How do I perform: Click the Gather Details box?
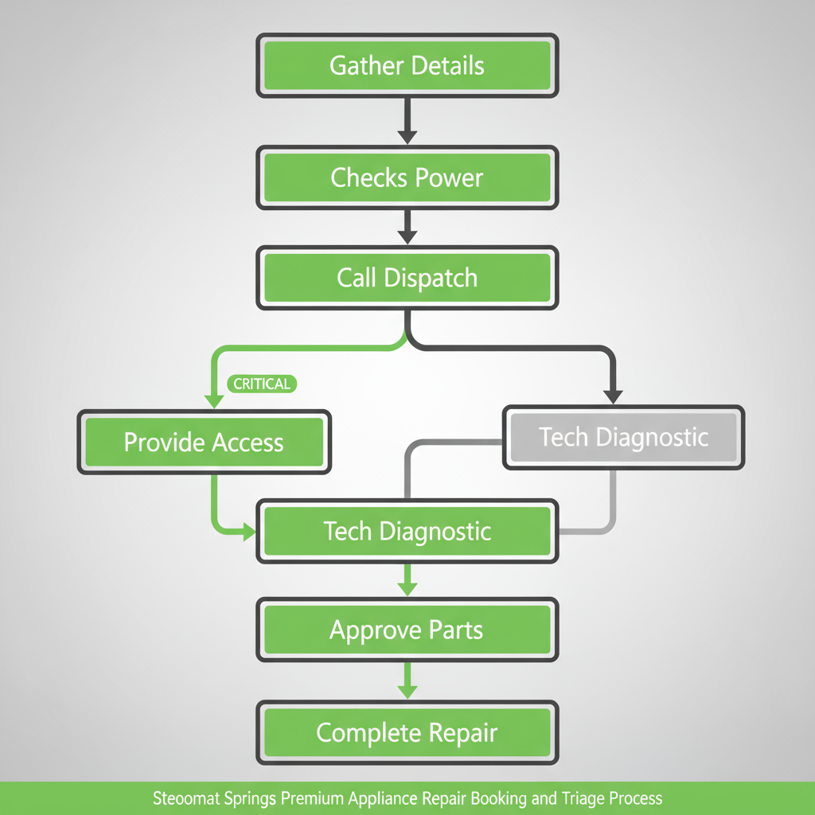[x=407, y=65]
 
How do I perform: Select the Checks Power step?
[x=407, y=177]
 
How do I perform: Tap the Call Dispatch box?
[x=407, y=278]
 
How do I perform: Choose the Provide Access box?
[x=204, y=442]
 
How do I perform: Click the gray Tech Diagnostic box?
[x=623, y=437]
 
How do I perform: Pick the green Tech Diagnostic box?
[x=407, y=531]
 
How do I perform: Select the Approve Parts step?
[x=407, y=630]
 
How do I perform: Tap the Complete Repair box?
[x=407, y=731]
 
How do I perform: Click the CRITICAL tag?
[x=262, y=384]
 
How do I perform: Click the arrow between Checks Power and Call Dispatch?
[x=407, y=226]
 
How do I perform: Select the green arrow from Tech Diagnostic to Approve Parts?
[x=407, y=579]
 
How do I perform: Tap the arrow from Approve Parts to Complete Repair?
[x=407, y=680]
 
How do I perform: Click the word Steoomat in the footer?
[x=184, y=798]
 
